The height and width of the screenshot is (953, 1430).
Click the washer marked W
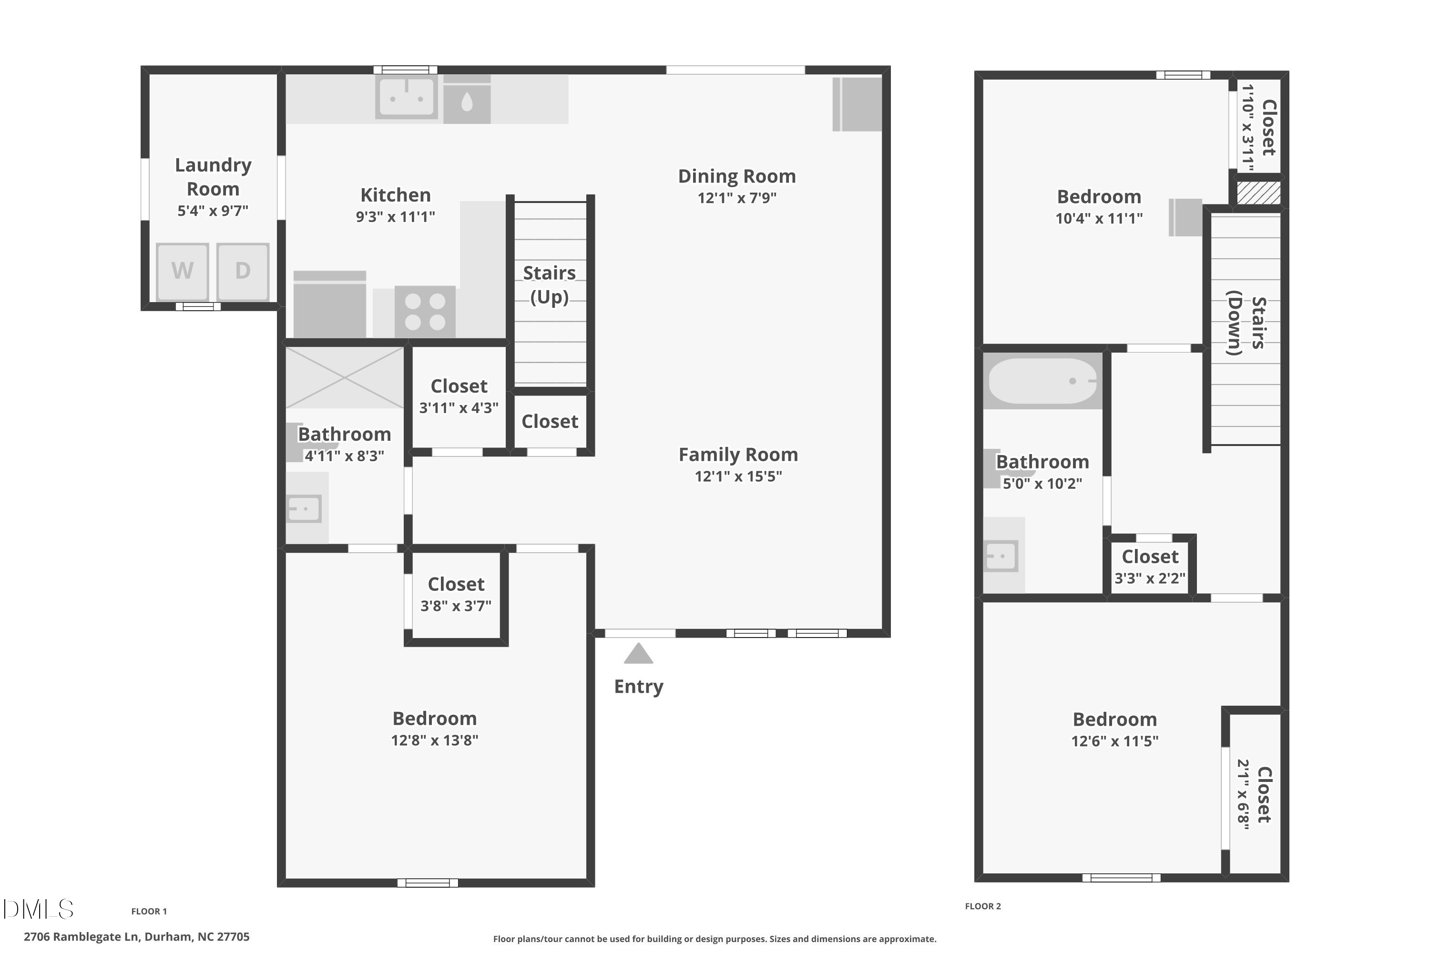pos(183,271)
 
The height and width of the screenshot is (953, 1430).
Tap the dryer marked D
pos(243,271)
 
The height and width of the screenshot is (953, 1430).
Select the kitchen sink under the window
pos(406,97)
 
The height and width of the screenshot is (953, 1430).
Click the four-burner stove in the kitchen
pos(425,311)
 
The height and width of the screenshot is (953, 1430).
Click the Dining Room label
pos(737,176)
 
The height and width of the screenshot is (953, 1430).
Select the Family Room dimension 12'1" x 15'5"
pos(738,476)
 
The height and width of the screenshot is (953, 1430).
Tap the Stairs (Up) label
pos(550,284)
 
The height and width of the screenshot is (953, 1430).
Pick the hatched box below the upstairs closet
pos(1258,193)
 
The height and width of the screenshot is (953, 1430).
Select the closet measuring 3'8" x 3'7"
pos(456,594)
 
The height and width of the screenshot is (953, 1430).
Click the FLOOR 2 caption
pos(982,906)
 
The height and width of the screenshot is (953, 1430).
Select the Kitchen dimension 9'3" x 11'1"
pos(395,216)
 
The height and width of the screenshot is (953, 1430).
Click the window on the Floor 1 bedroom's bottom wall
pos(428,883)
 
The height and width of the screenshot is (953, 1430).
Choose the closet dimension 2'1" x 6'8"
pos(1243,794)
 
